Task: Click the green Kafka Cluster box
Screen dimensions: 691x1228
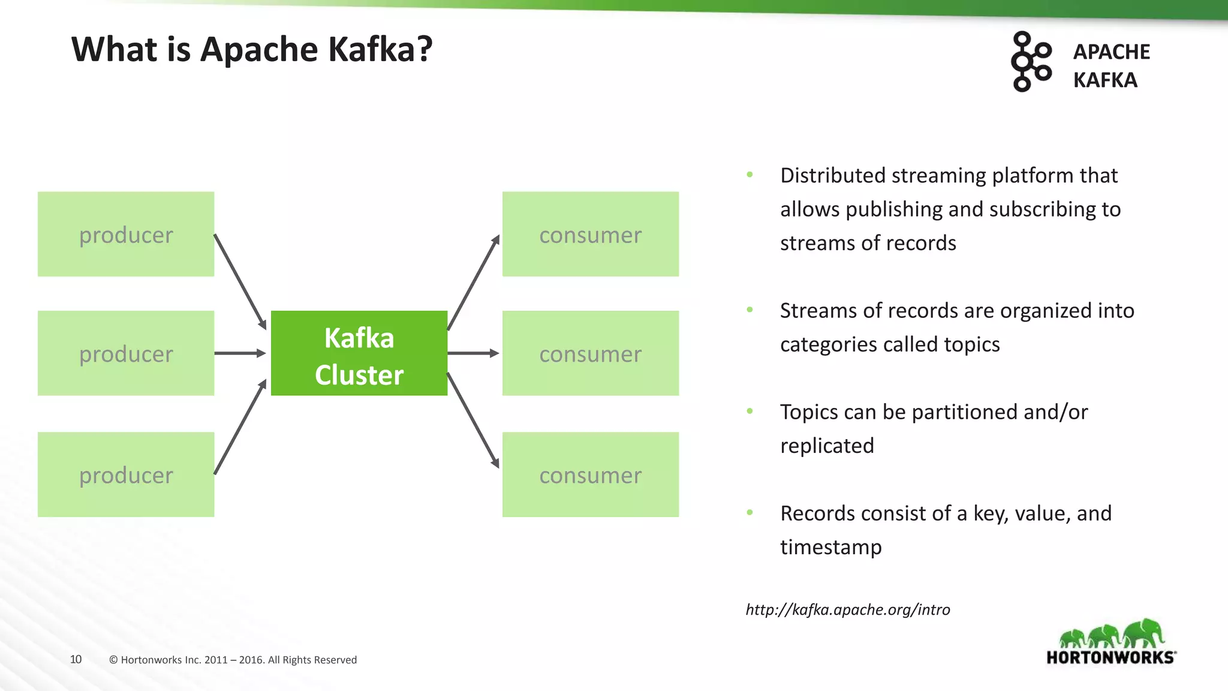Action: pyautogui.click(x=359, y=353)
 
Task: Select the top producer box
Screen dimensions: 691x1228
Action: pyautogui.click(x=126, y=235)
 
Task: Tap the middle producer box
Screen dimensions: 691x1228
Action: pyautogui.click(x=126, y=353)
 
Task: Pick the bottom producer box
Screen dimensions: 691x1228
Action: pyautogui.click(x=126, y=474)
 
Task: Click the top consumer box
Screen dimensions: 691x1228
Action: pyautogui.click(x=590, y=235)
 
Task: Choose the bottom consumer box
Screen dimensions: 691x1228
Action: pyautogui.click(x=590, y=474)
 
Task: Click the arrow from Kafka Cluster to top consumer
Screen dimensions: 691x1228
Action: pyautogui.click(x=473, y=282)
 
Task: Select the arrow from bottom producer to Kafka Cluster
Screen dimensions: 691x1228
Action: pyautogui.click(x=240, y=426)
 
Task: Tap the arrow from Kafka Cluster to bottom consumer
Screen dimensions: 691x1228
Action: pyautogui.click(x=473, y=420)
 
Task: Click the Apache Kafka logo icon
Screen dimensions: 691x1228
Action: pyautogui.click(x=1031, y=62)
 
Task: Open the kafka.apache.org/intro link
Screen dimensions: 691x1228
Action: pyautogui.click(x=847, y=609)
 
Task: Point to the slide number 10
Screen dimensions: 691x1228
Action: pyautogui.click(x=76, y=659)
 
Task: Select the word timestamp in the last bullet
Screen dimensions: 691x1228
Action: pyautogui.click(x=830, y=547)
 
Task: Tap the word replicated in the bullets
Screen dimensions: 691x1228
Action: pyautogui.click(x=827, y=446)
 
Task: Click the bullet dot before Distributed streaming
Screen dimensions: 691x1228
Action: pyautogui.click(x=750, y=175)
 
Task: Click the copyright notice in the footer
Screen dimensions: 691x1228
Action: pyautogui.click(x=233, y=660)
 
